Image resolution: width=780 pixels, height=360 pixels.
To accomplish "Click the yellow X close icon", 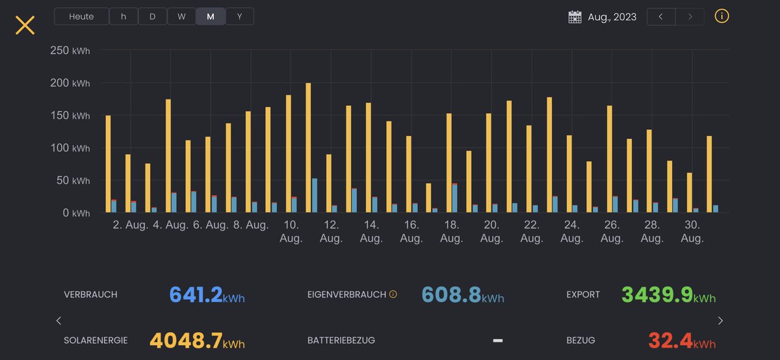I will (x=25, y=25).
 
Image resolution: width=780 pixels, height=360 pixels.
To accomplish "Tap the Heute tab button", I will (x=81, y=16).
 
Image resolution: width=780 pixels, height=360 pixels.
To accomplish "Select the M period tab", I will (x=211, y=16).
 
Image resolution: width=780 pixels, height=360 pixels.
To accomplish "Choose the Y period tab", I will (x=239, y=16).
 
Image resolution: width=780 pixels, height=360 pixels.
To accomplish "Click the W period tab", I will (x=181, y=16).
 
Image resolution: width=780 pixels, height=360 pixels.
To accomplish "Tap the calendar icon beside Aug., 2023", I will (x=575, y=17).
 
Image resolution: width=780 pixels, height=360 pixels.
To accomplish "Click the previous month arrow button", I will (x=661, y=16).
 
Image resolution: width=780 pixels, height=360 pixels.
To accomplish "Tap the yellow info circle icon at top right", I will (x=721, y=16).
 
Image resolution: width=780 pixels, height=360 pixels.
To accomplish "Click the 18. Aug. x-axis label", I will (x=451, y=231).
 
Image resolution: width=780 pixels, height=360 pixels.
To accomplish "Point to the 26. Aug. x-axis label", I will (x=612, y=231).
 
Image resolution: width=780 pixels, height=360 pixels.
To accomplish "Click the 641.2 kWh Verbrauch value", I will (x=207, y=295).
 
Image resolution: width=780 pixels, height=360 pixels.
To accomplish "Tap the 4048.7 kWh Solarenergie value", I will (x=197, y=341).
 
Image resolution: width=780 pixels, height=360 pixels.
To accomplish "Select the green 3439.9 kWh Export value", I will (x=668, y=295).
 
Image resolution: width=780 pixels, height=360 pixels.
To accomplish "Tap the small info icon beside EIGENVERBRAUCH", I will (x=393, y=294).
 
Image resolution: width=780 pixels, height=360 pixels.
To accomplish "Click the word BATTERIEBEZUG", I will (x=341, y=341).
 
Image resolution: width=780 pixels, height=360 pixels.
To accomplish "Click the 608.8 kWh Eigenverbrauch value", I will (x=462, y=295).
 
